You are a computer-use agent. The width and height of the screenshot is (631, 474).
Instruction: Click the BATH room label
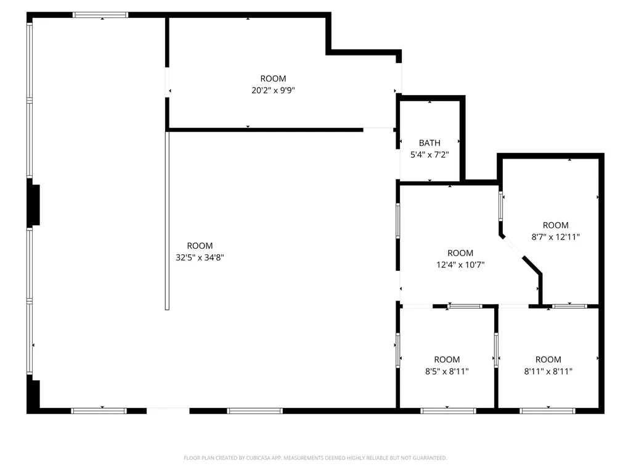coord(429,143)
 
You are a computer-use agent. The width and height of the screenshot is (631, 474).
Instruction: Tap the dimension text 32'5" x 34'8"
coord(200,257)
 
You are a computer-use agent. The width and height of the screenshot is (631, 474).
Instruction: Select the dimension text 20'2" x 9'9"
coord(273,90)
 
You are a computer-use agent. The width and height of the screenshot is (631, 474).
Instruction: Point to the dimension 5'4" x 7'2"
coord(429,154)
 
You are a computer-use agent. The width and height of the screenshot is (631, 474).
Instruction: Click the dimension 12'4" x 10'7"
coord(460,265)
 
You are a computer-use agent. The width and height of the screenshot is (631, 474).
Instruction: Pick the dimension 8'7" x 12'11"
coord(556,237)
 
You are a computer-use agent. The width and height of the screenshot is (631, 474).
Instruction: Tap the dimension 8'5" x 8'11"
coord(447,371)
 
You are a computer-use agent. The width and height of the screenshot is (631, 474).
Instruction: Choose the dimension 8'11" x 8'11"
coord(548,371)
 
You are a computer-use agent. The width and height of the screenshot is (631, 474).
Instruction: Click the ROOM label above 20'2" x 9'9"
coord(273,78)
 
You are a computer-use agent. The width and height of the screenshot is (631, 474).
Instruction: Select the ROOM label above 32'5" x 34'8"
coord(200,246)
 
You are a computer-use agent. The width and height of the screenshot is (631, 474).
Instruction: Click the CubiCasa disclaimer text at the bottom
coord(315,458)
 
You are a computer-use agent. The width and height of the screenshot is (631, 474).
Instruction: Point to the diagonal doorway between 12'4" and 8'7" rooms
coord(513,247)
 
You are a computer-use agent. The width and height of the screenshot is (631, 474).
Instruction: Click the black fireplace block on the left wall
coord(33,205)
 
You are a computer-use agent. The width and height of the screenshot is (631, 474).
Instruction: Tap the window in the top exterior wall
coord(100,15)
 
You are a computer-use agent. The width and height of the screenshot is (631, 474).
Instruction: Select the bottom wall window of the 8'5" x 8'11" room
coord(449,411)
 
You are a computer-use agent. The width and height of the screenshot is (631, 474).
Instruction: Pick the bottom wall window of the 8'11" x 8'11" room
coord(547,411)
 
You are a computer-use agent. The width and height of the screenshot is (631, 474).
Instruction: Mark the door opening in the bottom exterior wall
coord(168,410)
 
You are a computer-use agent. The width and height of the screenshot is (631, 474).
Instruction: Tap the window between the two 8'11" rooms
coord(496,350)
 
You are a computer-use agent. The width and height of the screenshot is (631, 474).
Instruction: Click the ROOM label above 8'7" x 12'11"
coord(556,225)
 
